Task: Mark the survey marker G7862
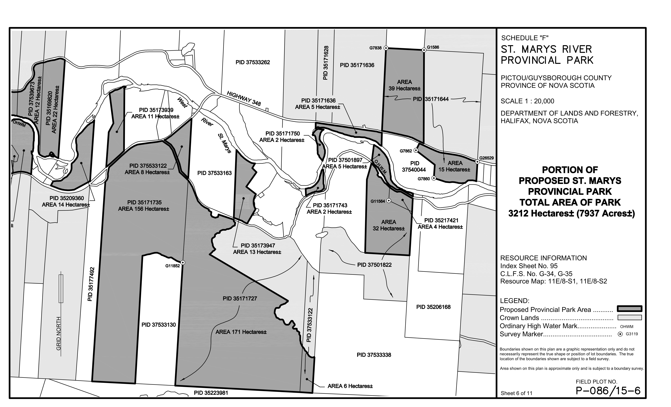(416, 150)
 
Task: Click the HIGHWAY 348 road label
(244, 98)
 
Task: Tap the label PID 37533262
(253, 62)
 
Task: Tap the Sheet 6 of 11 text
(516, 393)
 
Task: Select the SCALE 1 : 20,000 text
(527, 101)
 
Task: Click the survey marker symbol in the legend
(620, 334)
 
